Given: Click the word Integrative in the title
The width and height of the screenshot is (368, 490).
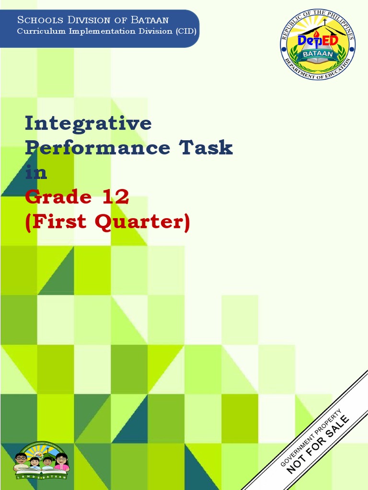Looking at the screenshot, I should pyautogui.click(x=88, y=124).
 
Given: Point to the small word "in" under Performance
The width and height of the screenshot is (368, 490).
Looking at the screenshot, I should pyautogui.click(x=36, y=172).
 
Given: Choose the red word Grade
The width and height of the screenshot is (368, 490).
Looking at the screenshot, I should pyautogui.click(x=58, y=197).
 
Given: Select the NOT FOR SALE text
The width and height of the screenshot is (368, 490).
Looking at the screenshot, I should pyautogui.click(x=318, y=445).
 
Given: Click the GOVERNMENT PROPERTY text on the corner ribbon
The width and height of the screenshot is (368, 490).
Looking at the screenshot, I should pyautogui.click(x=310, y=438).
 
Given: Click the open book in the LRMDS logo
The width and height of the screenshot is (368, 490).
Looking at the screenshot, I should pyautogui.click(x=41, y=469).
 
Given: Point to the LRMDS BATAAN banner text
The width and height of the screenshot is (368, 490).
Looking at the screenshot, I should pyautogui.click(x=41, y=477).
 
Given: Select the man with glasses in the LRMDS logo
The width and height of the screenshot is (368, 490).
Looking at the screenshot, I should pyautogui.click(x=21, y=461).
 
